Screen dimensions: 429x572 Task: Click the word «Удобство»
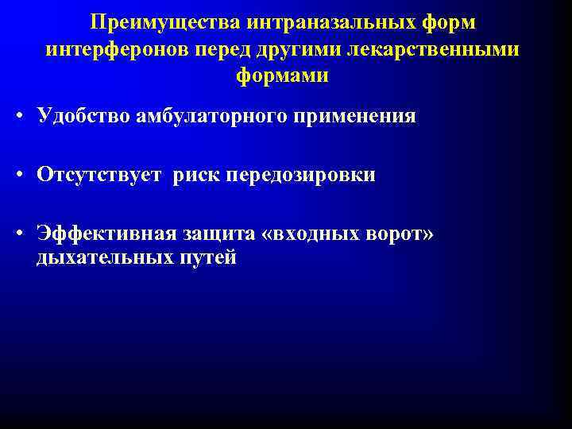coord(83,117)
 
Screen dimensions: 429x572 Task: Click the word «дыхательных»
coord(101,258)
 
